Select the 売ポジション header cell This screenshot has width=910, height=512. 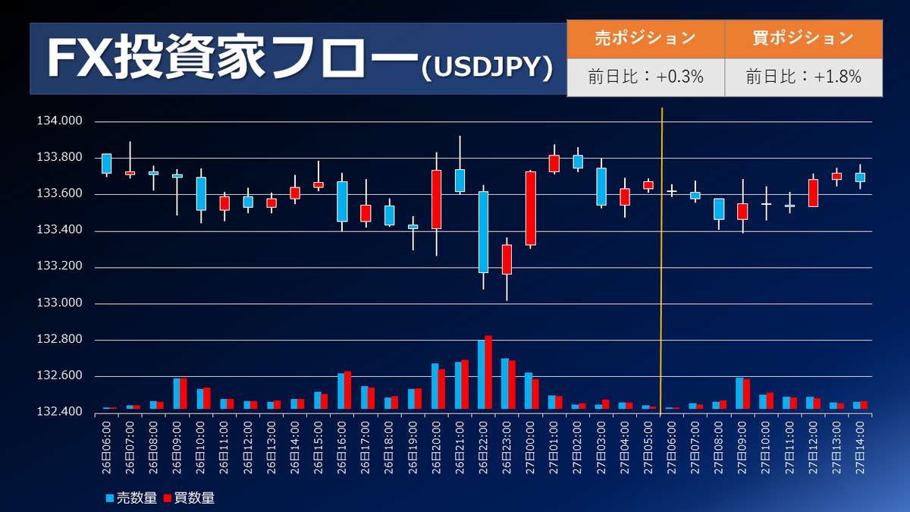(645, 38)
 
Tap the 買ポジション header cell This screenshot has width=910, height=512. (803, 38)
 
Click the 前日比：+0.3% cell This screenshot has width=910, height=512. (645, 77)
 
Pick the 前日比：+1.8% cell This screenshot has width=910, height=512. (803, 77)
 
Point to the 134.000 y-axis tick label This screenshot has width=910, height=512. (58, 121)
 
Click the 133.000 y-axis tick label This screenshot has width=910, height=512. (58, 304)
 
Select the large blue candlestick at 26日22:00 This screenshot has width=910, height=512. (483, 231)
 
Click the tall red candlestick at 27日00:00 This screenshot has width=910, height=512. (530, 208)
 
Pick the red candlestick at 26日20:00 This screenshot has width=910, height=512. (436, 199)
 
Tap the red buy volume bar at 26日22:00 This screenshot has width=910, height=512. (488, 373)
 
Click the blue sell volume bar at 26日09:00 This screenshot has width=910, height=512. (177, 394)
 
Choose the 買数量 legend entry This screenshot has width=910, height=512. (189, 498)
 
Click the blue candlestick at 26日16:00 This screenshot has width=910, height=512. (342, 201)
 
